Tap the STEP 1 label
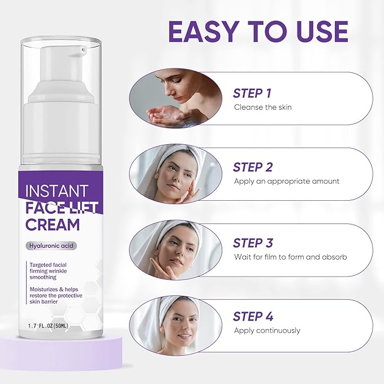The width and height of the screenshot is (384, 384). [x=253, y=93]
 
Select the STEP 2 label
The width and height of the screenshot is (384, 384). [x=253, y=167]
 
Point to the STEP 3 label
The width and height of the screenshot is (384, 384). [x=253, y=243]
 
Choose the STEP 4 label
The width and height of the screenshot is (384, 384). [x=253, y=317]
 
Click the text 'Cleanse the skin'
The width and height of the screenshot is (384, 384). [x=262, y=107]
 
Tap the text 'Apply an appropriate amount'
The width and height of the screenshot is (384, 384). [x=287, y=181]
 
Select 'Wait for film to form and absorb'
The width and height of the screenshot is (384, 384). [x=291, y=257]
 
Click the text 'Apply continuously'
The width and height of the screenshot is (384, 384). [x=267, y=330]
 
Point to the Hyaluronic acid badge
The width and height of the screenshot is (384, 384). [x=51, y=245]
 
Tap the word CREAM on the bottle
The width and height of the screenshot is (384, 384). [x=53, y=224]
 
